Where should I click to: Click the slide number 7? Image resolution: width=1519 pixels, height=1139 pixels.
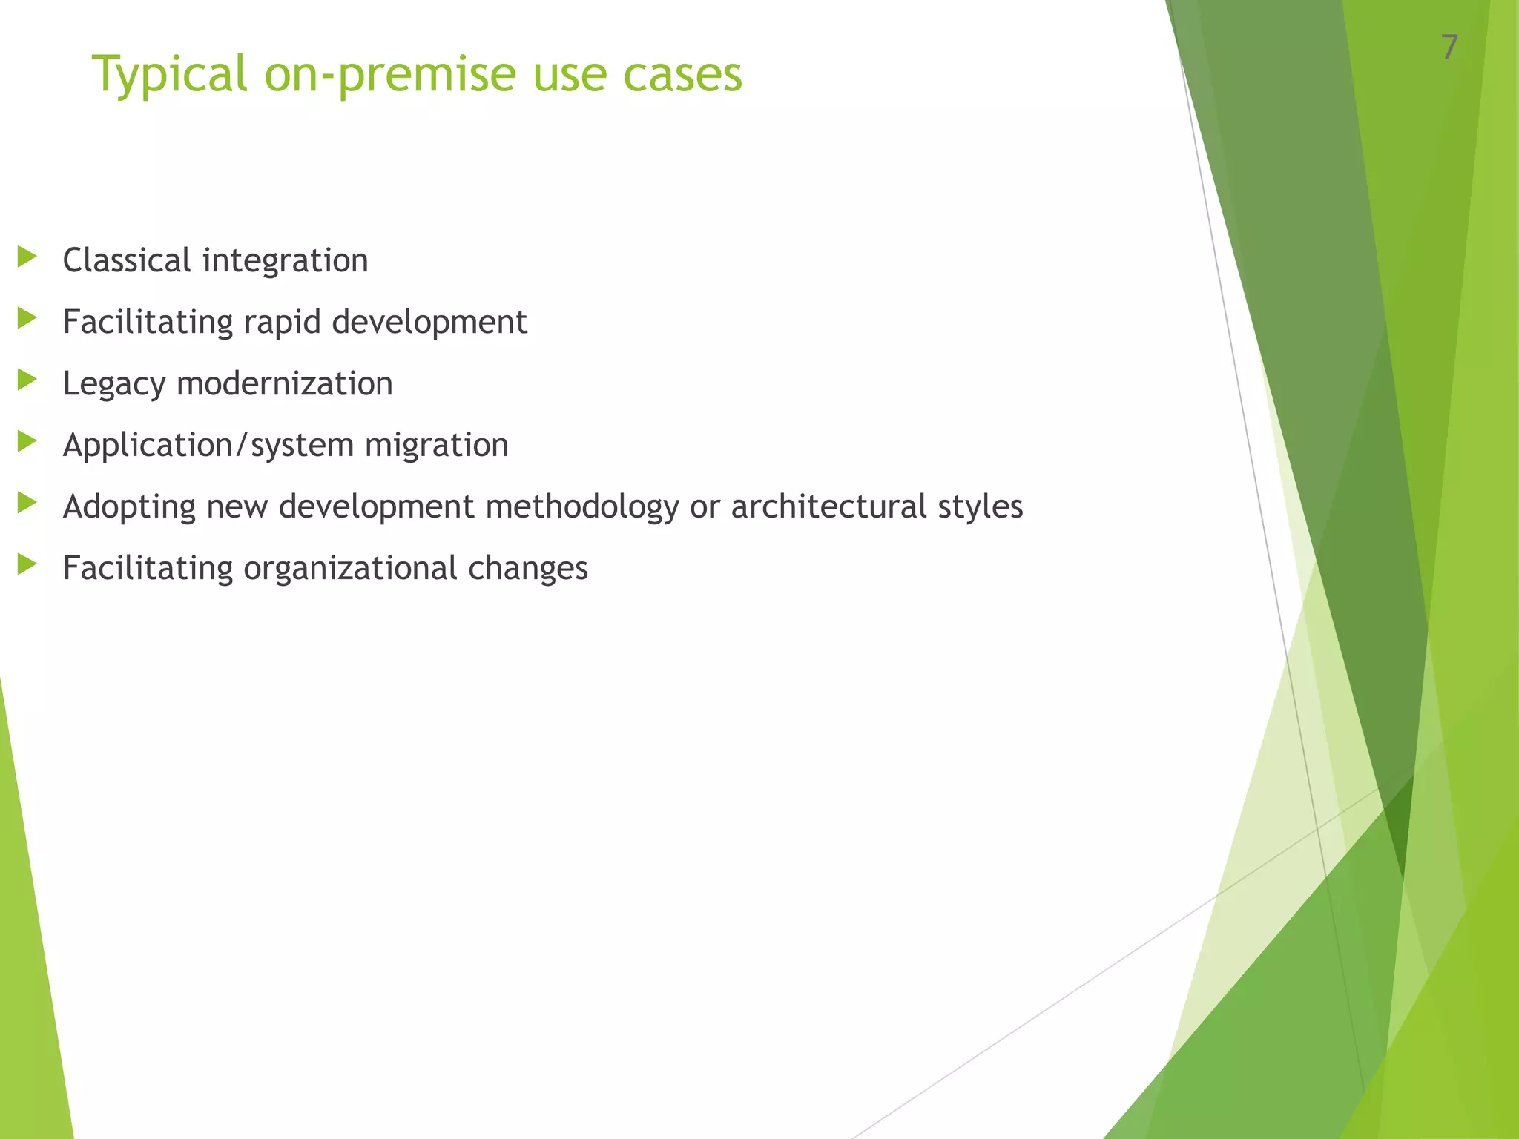point(1449,47)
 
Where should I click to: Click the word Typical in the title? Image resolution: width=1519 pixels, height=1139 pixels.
point(169,74)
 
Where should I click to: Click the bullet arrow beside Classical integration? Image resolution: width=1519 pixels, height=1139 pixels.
point(27,257)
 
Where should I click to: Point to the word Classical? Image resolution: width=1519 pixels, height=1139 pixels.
point(127,260)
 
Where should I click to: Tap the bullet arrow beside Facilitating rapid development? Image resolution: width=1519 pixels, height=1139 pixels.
point(27,319)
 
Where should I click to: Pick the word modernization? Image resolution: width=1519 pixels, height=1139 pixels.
point(284,383)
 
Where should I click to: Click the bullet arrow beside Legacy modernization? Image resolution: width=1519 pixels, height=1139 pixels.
point(27,380)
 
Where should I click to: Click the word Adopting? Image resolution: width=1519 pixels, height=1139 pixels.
point(128,507)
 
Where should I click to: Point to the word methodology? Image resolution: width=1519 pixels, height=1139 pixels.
point(581,507)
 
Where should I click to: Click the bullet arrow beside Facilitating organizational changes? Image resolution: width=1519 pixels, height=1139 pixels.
point(27,565)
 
